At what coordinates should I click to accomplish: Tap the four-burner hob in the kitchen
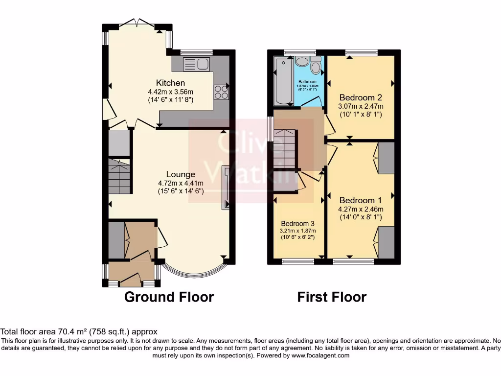(221, 92)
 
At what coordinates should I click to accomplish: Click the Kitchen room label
(170, 83)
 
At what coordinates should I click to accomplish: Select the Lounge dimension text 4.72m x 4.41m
(181, 183)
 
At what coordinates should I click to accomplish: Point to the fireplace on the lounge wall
(225, 188)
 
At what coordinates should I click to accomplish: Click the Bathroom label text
(308, 82)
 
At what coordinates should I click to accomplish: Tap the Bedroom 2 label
(361, 97)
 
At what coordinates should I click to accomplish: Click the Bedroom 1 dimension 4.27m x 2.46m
(361, 209)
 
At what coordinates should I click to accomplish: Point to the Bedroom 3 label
(297, 223)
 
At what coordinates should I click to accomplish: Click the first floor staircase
(285, 149)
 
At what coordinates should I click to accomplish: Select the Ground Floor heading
(169, 297)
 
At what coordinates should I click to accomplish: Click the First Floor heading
(332, 297)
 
